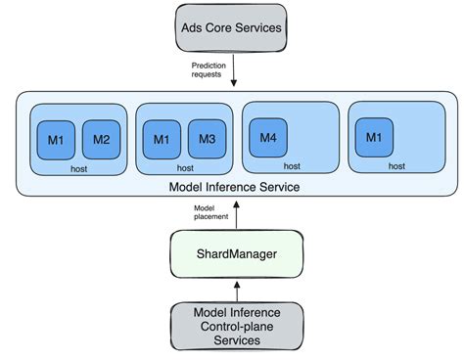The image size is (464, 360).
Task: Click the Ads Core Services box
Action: [231, 27]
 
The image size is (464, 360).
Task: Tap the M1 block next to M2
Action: [56, 140]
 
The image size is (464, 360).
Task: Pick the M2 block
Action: [101, 140]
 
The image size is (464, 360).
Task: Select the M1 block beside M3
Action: [161, 140]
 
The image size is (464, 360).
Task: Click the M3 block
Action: [206, 140]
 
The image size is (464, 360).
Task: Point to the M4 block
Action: [267, 137]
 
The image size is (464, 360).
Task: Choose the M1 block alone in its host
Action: [373, 137]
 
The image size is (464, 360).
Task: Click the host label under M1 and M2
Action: [78, 168]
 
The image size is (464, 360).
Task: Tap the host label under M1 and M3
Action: [184, 168]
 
